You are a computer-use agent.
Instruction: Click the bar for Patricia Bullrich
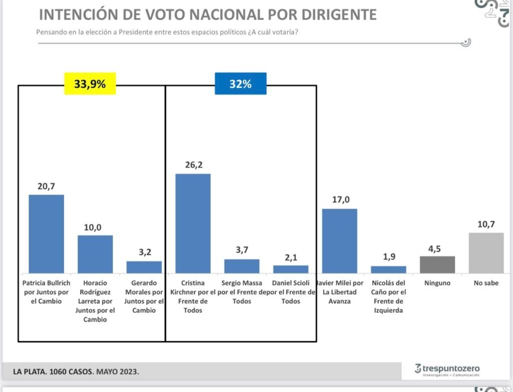tap(46, 234)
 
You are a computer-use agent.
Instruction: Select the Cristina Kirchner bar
tap(193, 223)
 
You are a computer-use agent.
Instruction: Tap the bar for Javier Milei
tap(340, 241)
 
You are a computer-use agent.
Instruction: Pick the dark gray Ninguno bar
tap(437, 265)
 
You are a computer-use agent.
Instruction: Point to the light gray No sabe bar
tap(486, 253)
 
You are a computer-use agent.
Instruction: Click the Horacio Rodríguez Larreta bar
tap(95, 254)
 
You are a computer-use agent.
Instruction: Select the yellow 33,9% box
tap(90, 84)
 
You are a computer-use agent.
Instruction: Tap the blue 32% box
tap(240, 84)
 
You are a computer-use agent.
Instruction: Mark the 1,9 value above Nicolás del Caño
tap(388, 257)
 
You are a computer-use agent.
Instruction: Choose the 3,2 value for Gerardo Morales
tap(145, 252)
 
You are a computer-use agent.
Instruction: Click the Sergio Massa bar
tap(242, 266)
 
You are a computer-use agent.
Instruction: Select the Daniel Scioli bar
tap(291, 269)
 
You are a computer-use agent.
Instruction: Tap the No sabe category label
tap(486, 283)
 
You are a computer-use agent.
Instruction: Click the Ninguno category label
tap(437, 283)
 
